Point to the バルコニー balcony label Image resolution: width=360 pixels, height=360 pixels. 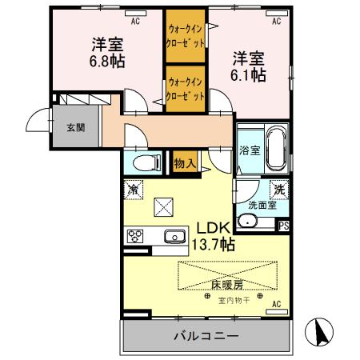pos(206,336)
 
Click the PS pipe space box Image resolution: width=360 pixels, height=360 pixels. pos(283,226)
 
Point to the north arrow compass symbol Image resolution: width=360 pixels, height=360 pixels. pos(321,331)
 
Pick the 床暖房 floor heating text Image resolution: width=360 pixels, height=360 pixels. pos(229,284)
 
